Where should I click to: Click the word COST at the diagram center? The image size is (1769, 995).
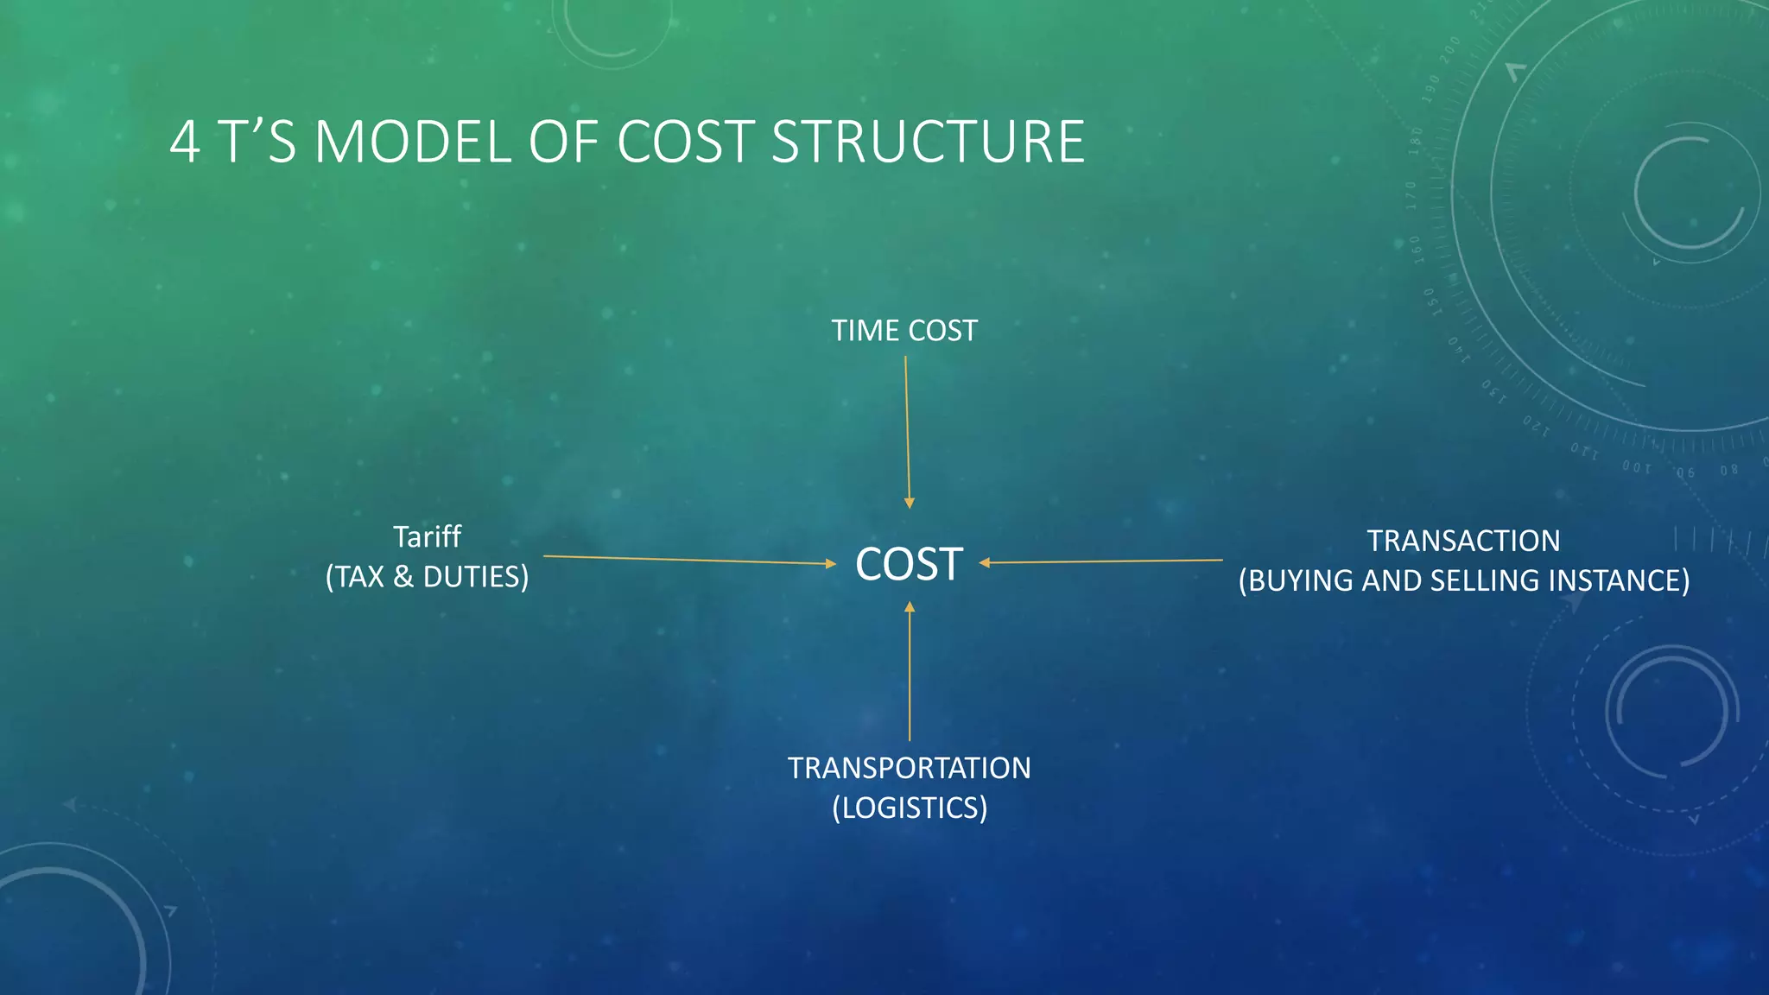point(909,565)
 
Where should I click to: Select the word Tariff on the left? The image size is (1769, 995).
point(427,537)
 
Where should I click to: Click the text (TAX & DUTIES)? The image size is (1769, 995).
point(427,577)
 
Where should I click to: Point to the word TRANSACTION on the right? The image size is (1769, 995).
point(1463,541)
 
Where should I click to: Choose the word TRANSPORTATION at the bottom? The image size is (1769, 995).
point(909,768)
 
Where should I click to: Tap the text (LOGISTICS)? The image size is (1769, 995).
point(909,808)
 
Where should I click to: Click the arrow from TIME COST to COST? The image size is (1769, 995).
point(907,432)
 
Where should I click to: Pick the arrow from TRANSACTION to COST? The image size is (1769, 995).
point(1101,561)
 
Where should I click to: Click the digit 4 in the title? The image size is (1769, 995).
point(185,143)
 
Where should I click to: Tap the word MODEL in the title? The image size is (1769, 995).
point(413,143)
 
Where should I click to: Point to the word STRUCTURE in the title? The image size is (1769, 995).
point(927,143)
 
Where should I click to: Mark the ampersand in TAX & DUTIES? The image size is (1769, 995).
point(403,577)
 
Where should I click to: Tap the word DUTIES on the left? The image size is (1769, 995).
point(473,577)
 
